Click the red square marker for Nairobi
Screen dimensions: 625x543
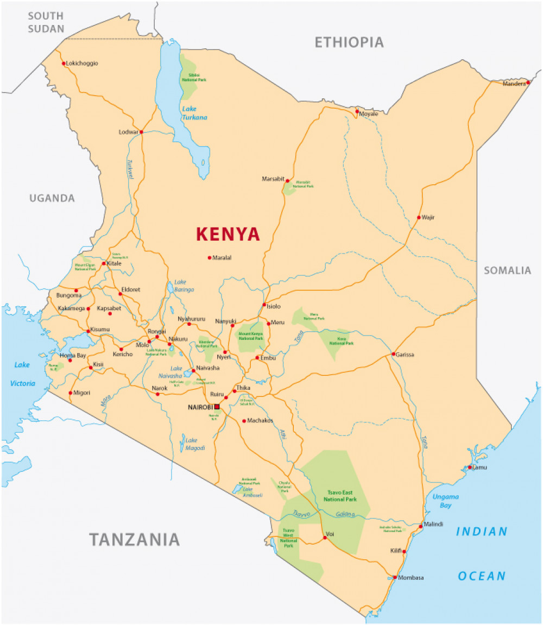click(217, 406)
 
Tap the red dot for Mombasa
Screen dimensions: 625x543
click(395, 577)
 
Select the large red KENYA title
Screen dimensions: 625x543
click(228, 234)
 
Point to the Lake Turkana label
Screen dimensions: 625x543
click(194, 113)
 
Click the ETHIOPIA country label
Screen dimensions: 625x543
click(349, 42)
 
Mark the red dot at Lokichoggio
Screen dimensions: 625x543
click(64, 64)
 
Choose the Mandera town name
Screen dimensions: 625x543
click(514, 84)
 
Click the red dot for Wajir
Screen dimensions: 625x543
click(419, 217)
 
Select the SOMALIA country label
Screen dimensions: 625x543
click(507, 270)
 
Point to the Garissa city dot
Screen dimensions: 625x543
click(394, 354)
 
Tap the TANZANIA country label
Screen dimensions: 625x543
click(134, 539)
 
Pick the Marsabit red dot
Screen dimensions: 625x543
click(287, 181)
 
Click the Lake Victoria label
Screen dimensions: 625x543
click(22, 374)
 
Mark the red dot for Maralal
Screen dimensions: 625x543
click(209, 257)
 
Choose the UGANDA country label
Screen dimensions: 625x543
click(52, 198)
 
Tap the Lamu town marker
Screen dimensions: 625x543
click(470, 467)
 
